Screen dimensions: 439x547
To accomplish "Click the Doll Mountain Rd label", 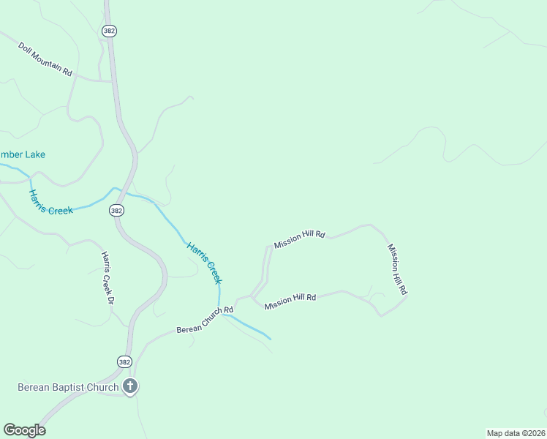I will click(x=45, y=59).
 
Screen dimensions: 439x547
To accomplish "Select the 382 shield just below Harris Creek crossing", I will click(x=116, y=210).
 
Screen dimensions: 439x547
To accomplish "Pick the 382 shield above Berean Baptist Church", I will click(x=124, y=361).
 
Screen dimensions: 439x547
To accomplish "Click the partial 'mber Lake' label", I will click(x=23, y=154).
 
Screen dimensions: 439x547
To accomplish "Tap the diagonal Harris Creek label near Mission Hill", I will click(x=205, y=262).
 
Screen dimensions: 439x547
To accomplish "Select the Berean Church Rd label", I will click(x=204, y=320).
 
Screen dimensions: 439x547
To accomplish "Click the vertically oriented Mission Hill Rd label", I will click(x=396, y=269).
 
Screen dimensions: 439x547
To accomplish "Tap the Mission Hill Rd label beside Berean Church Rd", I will click(x=290, y=301).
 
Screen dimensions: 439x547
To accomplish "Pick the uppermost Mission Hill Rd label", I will click(x=299, y=239).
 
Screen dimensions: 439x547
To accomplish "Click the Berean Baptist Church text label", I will click(x=68, y=387).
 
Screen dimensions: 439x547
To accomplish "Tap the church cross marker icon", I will click(x=130, y=386).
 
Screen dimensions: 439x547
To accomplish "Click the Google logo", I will click(x=24, y=430).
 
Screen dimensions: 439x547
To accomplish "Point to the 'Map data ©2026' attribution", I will click(x=516, y=432).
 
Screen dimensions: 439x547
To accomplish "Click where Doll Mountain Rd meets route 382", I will click(x=112, y=80).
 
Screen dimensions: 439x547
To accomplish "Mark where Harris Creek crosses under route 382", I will click(x=126, y=192).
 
